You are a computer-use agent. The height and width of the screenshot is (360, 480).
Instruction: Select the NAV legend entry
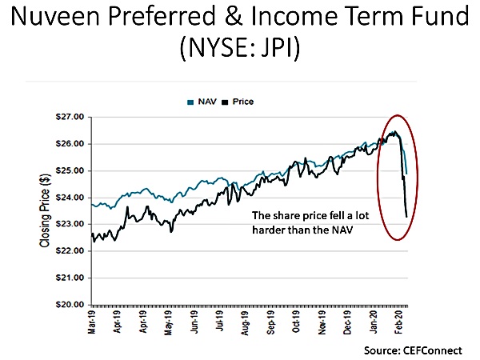(x=214, y=102)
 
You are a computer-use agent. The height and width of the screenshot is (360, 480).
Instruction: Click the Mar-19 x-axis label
(x=94, y=323)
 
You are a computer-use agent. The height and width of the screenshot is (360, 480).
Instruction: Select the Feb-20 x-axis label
(x=398, y=323)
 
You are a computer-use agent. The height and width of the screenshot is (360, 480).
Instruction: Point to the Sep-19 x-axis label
(x=272, y=323)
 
